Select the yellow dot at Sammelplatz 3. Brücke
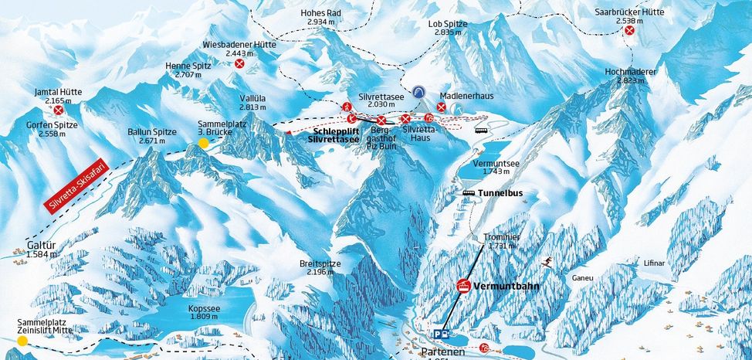(x=203, y=143)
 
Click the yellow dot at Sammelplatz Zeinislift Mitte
(x=22, y=340)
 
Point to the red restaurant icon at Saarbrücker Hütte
(x=630, y=30)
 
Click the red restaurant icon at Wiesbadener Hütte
(x=240, y=64)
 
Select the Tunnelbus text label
(x=499, y=192)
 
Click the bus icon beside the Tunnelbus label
(x=469, y=192)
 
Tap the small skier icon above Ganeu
(x=548, y=262)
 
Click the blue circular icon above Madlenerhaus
(x=418, y=91)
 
